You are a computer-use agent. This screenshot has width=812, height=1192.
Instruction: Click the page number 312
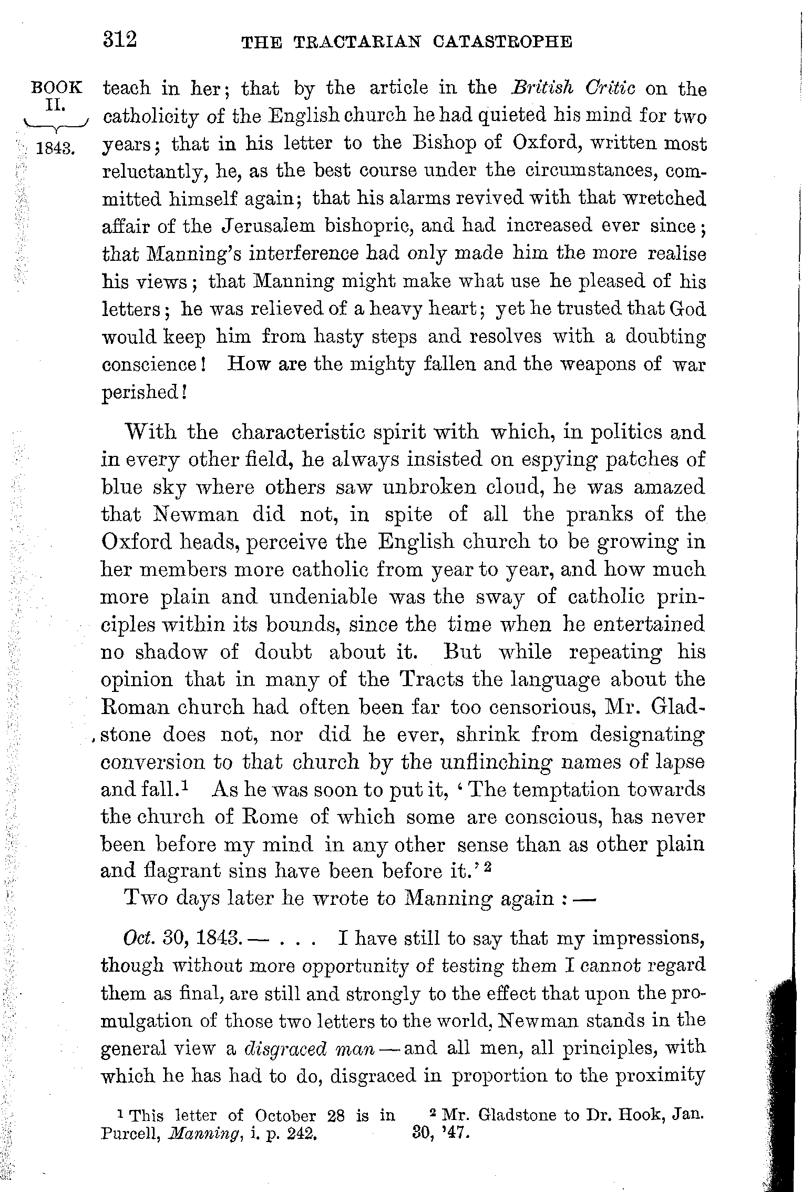coord(120,39)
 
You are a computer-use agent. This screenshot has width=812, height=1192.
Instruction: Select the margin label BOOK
coord(57,87)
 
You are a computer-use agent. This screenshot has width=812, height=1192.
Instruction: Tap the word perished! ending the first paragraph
coord(143,392)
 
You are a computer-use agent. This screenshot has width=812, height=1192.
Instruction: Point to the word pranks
coord(600,514)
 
